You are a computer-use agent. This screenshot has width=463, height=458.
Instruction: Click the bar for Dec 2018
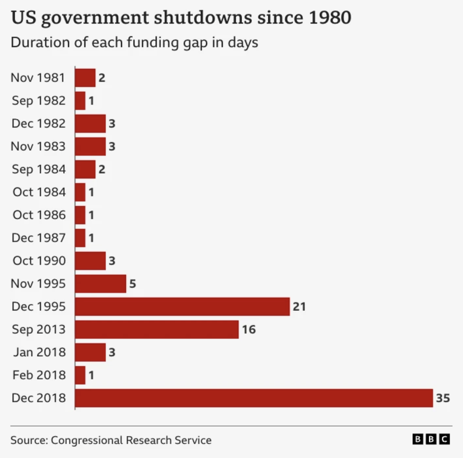(254, 398)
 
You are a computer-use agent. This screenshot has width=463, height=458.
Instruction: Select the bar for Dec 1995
(182, 306)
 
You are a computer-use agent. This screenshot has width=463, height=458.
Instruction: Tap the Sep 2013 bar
(157, 329)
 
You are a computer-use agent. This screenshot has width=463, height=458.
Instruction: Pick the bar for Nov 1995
(101, 284)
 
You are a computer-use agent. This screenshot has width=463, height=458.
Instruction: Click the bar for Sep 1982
(80, 101)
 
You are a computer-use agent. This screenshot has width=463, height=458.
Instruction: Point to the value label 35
(443, 398)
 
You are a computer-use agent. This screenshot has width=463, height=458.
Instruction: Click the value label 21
(299, 306)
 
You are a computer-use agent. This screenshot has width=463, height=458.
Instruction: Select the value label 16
(249, 329)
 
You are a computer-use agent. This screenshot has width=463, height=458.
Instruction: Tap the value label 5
(132, 284)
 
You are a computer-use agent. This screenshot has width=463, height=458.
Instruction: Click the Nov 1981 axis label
(38, 77)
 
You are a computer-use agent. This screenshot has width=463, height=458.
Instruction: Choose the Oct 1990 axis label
(39, 261)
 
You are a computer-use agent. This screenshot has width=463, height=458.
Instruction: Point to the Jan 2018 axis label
(39, 352)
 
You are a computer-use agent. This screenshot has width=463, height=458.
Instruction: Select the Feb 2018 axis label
(39, 375)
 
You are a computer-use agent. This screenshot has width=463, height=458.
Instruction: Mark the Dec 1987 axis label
(38, 238)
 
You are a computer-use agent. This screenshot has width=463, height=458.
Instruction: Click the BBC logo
(431, 439)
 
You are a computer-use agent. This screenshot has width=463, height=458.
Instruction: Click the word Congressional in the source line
(87, 440)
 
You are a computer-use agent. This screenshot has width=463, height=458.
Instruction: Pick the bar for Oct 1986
(80, 215)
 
